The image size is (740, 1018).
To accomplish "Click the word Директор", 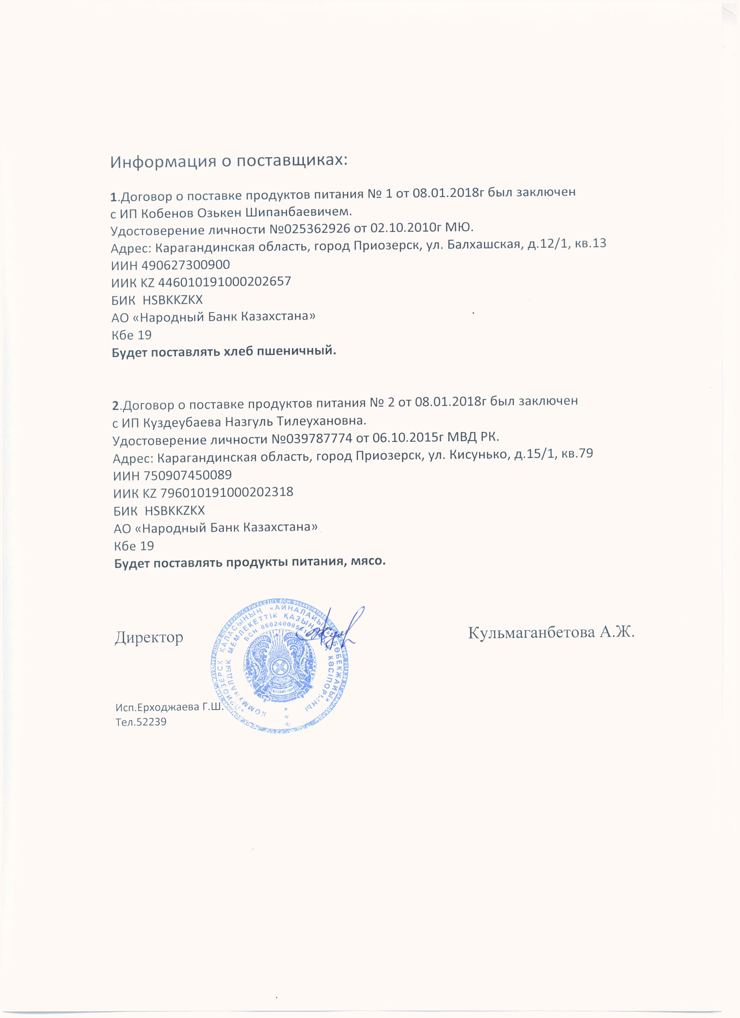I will (x=149, y=638).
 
